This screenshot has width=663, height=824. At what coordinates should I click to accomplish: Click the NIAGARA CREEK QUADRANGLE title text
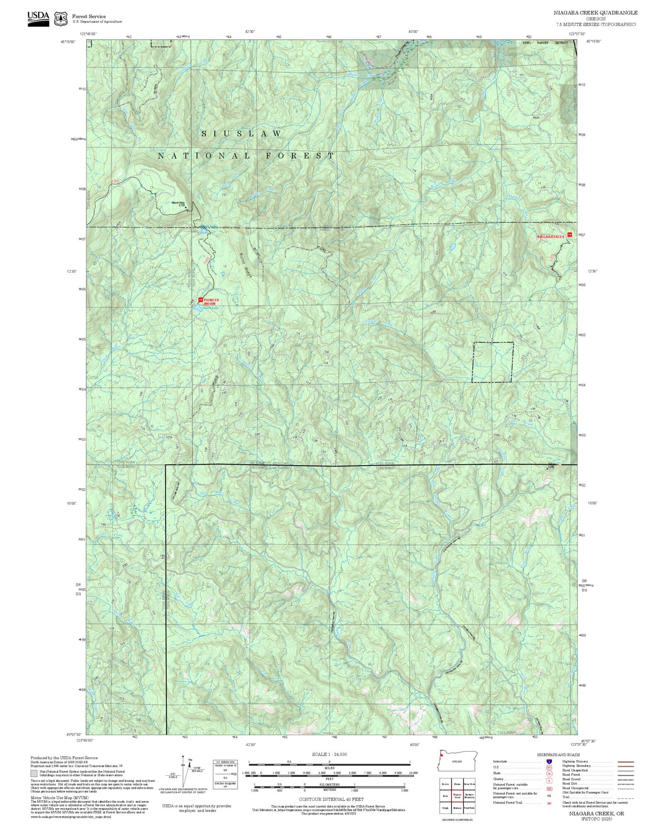[596, 13]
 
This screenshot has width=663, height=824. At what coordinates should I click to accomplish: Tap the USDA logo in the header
[38, 18]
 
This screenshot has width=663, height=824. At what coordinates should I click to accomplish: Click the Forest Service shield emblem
[61, 19]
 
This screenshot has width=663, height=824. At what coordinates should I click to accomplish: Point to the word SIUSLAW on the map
[242, 134]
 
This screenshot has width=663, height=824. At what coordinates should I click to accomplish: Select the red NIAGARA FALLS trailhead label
[551, 237]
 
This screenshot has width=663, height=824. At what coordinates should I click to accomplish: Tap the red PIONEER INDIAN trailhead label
[211, 302]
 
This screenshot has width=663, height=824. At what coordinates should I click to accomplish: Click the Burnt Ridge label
[246, 266]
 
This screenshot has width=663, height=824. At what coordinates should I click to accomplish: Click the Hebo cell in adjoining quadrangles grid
[445, 796]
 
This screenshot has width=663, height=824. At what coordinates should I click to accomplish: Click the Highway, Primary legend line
[625, 762]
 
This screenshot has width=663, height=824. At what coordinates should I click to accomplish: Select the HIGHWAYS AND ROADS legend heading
[558, 755]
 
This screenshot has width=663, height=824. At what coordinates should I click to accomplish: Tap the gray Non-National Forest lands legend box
[34, 773]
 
